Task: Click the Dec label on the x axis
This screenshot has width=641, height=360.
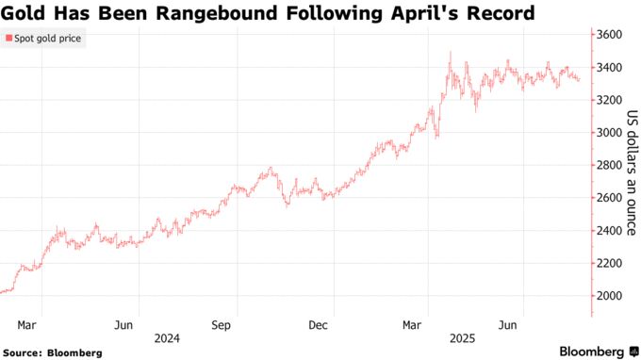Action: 318,325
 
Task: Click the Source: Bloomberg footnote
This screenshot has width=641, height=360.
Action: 52,352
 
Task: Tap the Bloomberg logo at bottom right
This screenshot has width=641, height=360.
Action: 591,352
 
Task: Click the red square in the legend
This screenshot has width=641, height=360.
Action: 8,39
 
